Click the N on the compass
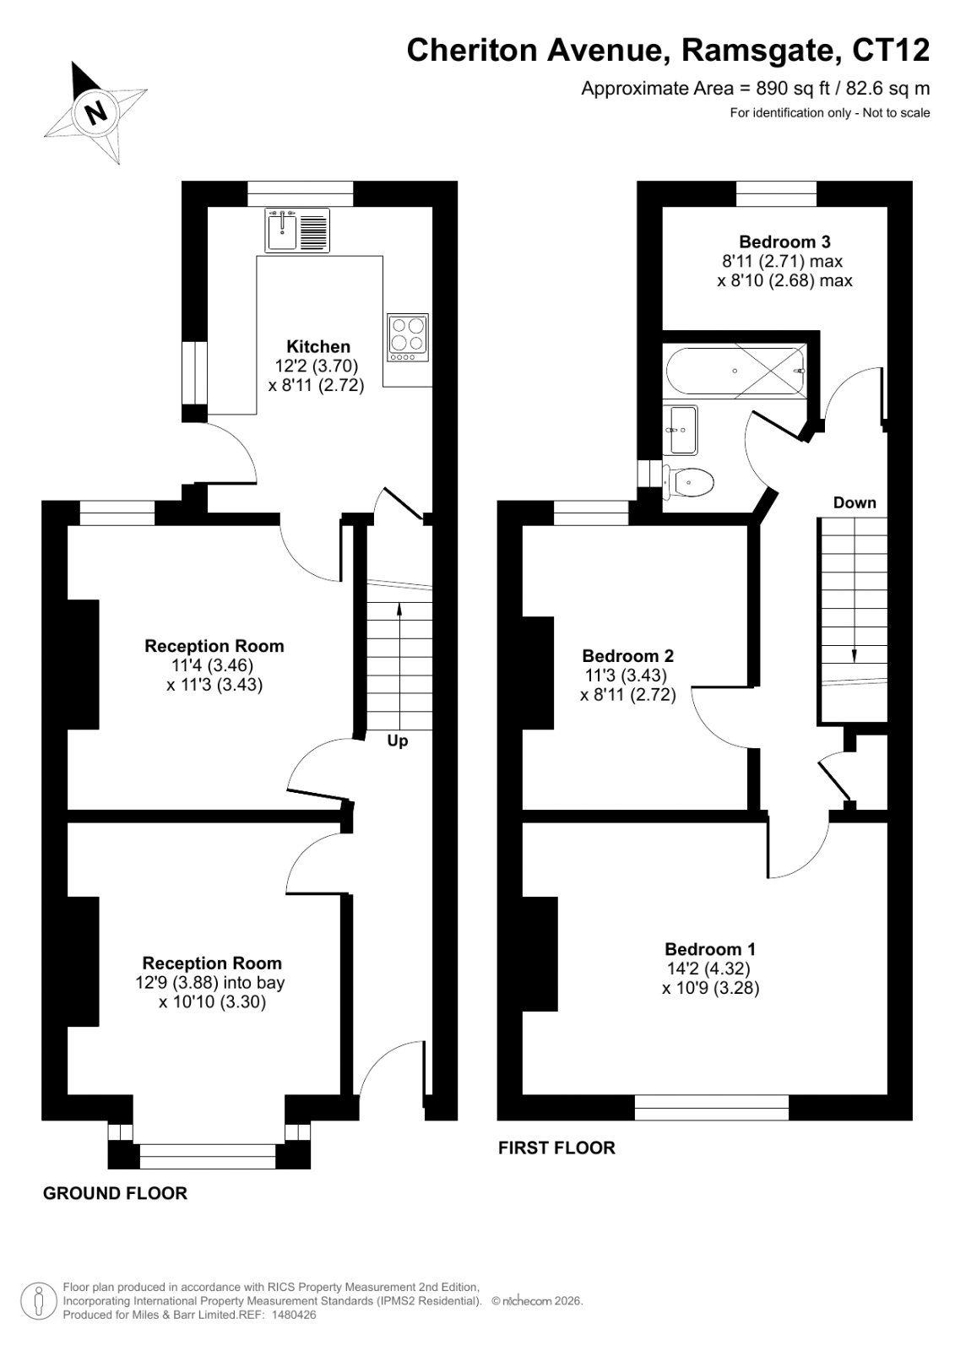pyautogui.click(x=96, y=111)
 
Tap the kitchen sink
pyautogui.click(x=297, y=230)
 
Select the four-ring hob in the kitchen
pyautogui.click(x=408, y=337)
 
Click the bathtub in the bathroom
pyautogui.click(x=735, y=371)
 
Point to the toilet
pyautogui.click(x=688, y=482)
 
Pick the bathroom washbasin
pyautogui.click(x=681, y=430)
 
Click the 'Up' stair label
pyautogui.click(x=398, y=741)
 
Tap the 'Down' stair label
pyautogui.click(x=855, y=502)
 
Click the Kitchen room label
pyautogui.click(x=318, y=347)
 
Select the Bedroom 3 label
pyautogui.click(x=784, y=241)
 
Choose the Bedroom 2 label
pyautogui.click(x=628, y=655)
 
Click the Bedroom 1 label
pyautogui.click(x=710, y=949)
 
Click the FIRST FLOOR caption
pyautogui.click(x=556, y=1148)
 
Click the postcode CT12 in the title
pyautogui.click(x=891, y=50)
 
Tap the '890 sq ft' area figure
pyautogui.click(x=779, y=89)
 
